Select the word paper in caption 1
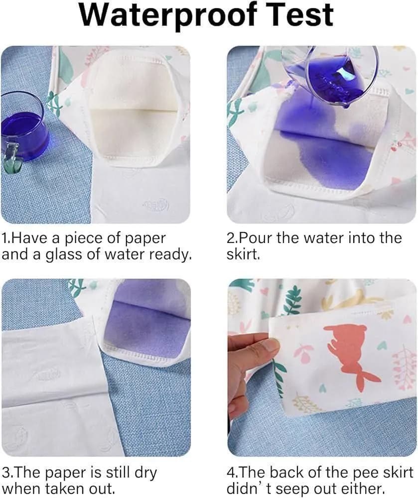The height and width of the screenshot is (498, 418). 147,239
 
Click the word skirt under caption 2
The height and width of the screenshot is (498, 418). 242,254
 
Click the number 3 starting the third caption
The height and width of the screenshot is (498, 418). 5,473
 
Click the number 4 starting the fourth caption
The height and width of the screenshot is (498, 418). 231,473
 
